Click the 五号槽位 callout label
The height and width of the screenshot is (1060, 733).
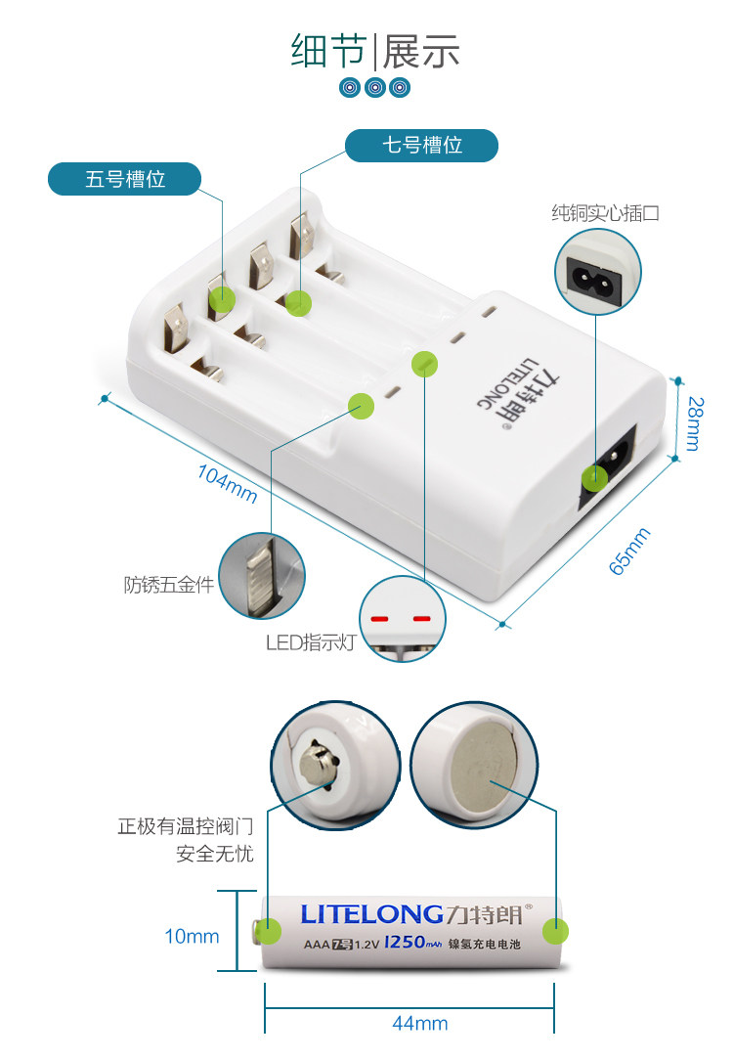(125, 180)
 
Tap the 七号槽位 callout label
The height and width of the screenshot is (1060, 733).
(422, 146)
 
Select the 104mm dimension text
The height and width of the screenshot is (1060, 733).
(227, 483)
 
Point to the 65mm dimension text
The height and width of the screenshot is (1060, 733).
(629, 552)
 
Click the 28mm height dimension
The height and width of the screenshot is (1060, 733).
(693, 423)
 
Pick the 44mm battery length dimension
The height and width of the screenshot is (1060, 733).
(420, 1023)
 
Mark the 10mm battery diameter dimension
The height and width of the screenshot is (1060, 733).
(192, 937)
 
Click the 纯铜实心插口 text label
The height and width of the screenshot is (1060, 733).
(605, 212)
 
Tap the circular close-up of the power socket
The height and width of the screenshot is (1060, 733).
(598, 273)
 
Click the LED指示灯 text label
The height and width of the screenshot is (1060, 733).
(311, 642)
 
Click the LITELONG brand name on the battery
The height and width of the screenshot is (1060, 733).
(371, 915)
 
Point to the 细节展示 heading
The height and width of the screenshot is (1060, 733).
(375, 51)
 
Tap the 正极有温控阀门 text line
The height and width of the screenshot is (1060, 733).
(186, 827)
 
